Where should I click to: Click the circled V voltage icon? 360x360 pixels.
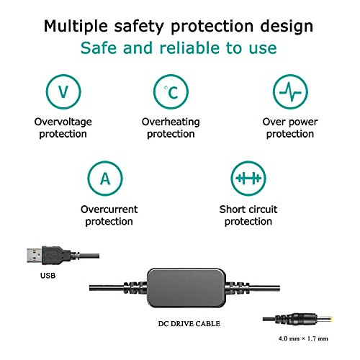[63, 91]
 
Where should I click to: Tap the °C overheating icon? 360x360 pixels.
[171, 91]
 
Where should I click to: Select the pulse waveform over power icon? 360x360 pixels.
[290, 91]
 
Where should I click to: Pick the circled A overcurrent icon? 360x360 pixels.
[105, 179]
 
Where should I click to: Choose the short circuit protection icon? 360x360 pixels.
[248, 179]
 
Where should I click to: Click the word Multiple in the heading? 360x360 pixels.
[76, 27]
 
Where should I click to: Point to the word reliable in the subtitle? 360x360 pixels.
[189, 48]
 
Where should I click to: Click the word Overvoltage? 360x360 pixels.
[63, 122]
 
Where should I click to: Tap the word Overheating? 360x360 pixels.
[171, 122]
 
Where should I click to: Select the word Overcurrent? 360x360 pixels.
[109, 210]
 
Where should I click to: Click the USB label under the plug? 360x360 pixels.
[48, 276]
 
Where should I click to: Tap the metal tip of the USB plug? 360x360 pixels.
[35, 256]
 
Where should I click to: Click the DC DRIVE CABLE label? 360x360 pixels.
[189, 323]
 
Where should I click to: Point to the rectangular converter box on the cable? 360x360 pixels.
[186, 288]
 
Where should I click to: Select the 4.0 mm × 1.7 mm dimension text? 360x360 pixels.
[303, 338]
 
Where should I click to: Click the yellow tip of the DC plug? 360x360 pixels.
[331, 320]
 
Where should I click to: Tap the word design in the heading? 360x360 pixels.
[287, 27]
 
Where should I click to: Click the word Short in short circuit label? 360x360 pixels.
[232, 210]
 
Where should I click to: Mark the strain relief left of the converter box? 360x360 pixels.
[135, 287]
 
